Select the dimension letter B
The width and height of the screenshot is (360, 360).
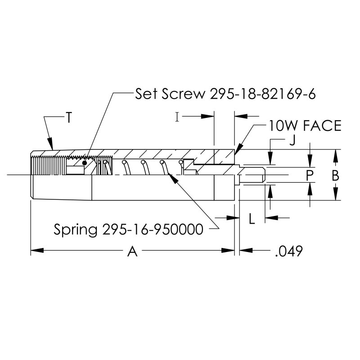point(335,175)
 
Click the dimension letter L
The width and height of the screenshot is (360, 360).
point(252,219)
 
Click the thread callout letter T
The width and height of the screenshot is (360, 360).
point(68,118)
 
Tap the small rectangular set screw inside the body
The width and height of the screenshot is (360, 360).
point(75,170)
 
